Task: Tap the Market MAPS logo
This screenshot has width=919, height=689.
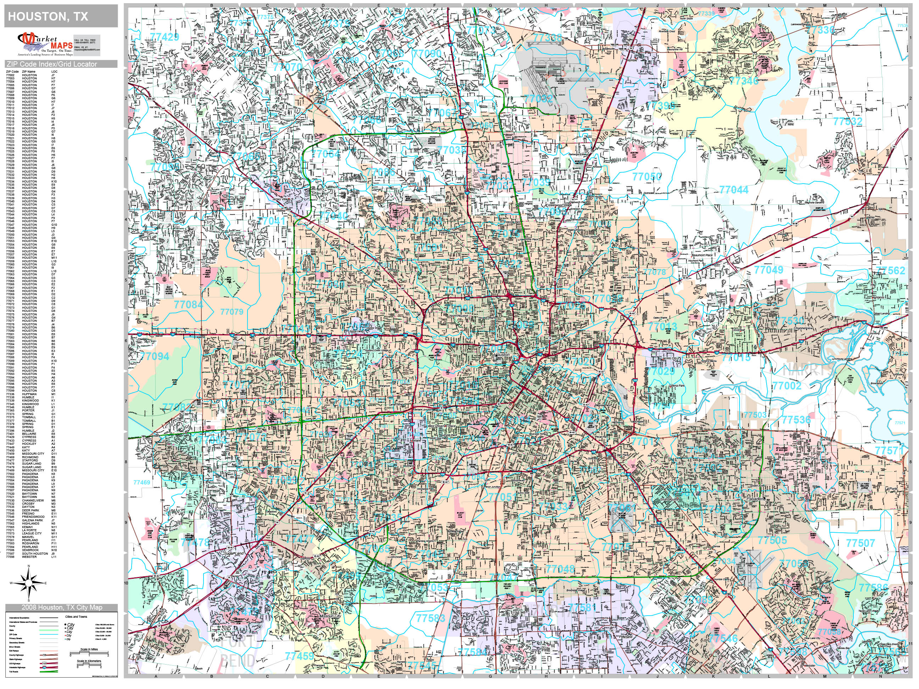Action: [x=45, y=44]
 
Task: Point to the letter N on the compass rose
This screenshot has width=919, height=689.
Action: [x=29, y=566]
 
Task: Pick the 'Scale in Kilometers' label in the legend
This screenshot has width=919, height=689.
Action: [x=89, y=661]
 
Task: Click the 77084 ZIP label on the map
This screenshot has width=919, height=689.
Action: [x=188, y=305]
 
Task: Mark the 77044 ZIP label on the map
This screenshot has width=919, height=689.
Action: [x=734, y=190]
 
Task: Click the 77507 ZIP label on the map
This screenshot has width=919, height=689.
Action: [x=860, y=543]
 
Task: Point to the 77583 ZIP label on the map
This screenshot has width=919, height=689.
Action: [x=431, y=618]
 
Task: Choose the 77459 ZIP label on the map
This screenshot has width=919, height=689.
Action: [x=300, y=656]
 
